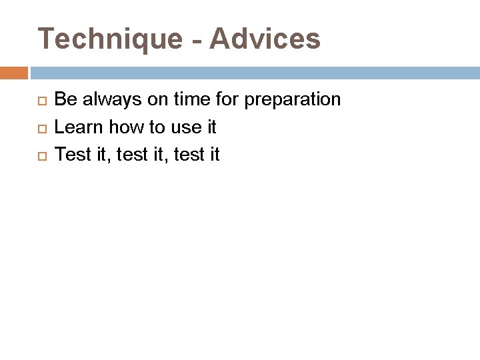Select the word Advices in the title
265,39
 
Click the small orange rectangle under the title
13,73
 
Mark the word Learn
79,127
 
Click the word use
187,127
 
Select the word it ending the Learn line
211,127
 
